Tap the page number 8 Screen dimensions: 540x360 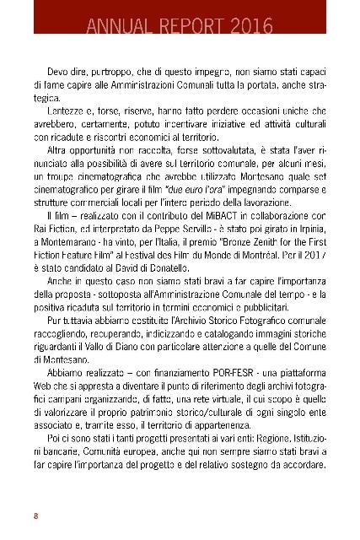coord(35,492)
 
